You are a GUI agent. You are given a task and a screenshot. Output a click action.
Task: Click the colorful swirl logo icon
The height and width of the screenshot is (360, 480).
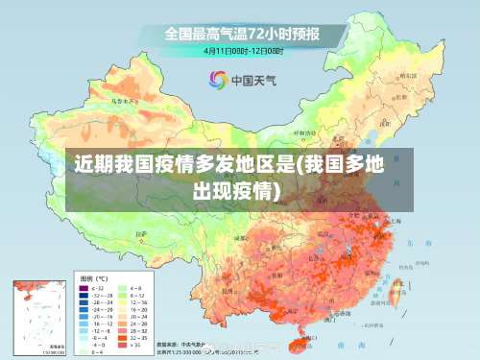tap(218, 80)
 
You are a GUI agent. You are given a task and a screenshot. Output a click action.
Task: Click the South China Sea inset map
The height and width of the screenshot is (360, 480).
tap(39, 317)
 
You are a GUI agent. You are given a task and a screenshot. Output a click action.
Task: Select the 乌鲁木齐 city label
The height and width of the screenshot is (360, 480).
tap(118, 99)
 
